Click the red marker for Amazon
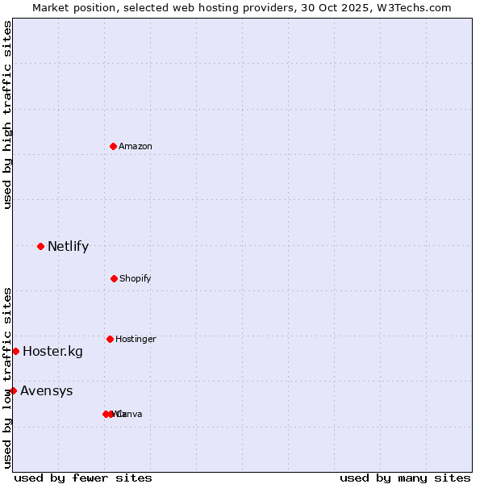tap(114, 146)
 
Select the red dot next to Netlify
tap(40, 246)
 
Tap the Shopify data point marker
tap(114, 278)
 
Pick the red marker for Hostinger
tap(110, 339)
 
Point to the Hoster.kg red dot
tap(15, 351)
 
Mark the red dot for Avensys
tap(13, 390)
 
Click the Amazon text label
tap(136, 146)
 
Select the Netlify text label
tap(68, 246)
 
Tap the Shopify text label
tap(136, 278)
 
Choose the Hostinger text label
tap(136, 339)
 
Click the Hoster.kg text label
tap(52, 351)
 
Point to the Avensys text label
tap(47, 391)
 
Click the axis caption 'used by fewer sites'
tap(83, 478)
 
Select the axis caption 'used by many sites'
tap(405, 478)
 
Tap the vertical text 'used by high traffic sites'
tap(7, 115)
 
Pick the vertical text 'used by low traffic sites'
tap(7, 378)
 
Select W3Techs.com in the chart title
tap(414, 7)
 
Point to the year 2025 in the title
tap(353, 7)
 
